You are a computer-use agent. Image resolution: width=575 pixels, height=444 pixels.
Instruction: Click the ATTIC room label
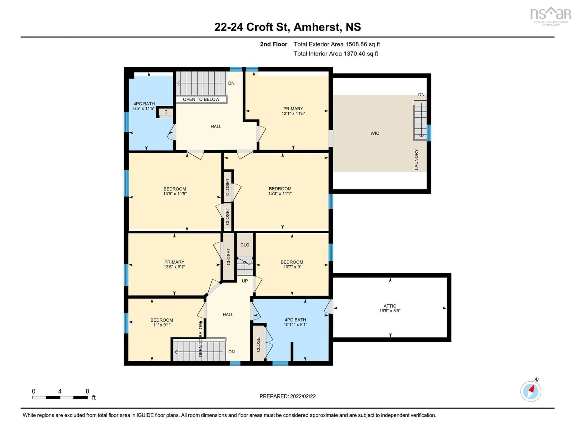point(390,306)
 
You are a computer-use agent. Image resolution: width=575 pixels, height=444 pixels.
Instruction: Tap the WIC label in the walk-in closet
point(375,133)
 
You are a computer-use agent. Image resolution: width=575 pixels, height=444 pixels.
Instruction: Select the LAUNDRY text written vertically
point(416,159)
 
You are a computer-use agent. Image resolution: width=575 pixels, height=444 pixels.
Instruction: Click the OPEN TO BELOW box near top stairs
point(201,99)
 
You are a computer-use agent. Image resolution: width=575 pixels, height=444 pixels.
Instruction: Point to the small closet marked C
point(166,112)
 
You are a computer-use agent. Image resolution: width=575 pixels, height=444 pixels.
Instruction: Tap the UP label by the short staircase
point(245,281)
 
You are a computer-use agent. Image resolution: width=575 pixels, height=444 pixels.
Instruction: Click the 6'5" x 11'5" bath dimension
point(144,108)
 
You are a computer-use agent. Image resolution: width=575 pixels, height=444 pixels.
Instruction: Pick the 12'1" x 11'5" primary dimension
point(293,113)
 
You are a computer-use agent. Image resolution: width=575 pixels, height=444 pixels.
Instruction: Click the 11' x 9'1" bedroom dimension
point(162,325)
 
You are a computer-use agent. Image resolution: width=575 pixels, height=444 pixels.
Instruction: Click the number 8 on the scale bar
point(87,391)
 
